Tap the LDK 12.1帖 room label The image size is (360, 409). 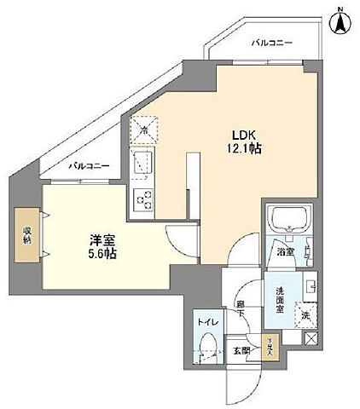pos(244,141)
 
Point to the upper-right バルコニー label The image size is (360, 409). pos(272,42)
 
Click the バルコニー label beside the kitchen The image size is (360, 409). pos(89,166)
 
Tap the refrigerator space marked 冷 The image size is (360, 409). pos(144,130)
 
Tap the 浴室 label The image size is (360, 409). pos(284,252)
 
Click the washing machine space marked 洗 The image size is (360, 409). pos(304,314)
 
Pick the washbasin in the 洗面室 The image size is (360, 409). pos(311,285)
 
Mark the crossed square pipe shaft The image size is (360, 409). pos(310,338)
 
